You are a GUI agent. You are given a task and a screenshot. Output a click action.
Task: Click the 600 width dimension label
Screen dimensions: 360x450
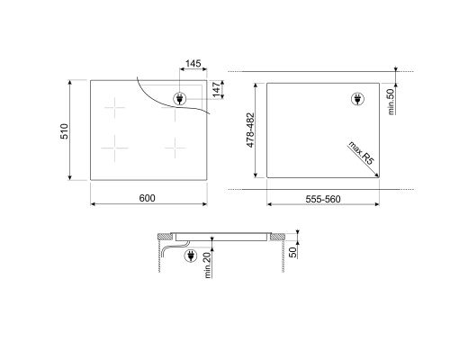[148, 198]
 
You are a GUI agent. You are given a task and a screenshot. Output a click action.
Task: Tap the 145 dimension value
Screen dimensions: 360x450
[192, 66]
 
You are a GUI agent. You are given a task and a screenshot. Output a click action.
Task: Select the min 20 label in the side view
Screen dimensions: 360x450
[208, 266]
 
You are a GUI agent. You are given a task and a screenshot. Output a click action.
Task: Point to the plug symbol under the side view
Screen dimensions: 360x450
[191, 257]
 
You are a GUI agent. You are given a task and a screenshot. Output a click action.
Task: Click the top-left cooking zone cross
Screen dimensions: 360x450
[115, 110]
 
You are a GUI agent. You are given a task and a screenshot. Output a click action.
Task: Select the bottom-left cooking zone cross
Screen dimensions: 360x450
[115, 145]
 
